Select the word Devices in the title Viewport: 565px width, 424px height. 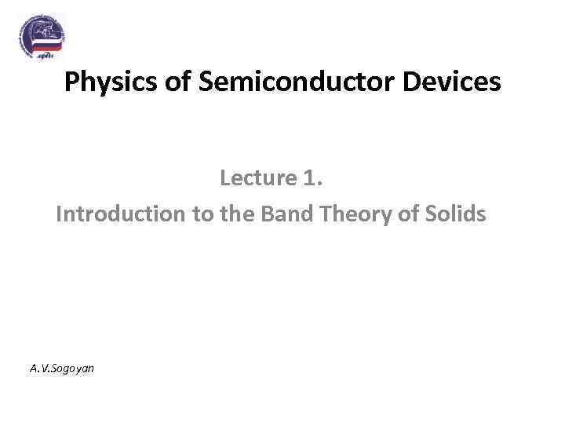[461, 82]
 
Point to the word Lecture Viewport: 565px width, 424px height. [256, 178]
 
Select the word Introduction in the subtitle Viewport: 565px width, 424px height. [118, 214]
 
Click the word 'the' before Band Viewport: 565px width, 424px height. [233, 214]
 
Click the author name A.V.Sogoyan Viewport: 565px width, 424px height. [61, 367]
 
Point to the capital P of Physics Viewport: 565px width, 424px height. [71, 82]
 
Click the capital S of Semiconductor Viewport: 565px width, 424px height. [207, 82]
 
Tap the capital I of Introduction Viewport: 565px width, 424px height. [59, 214]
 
